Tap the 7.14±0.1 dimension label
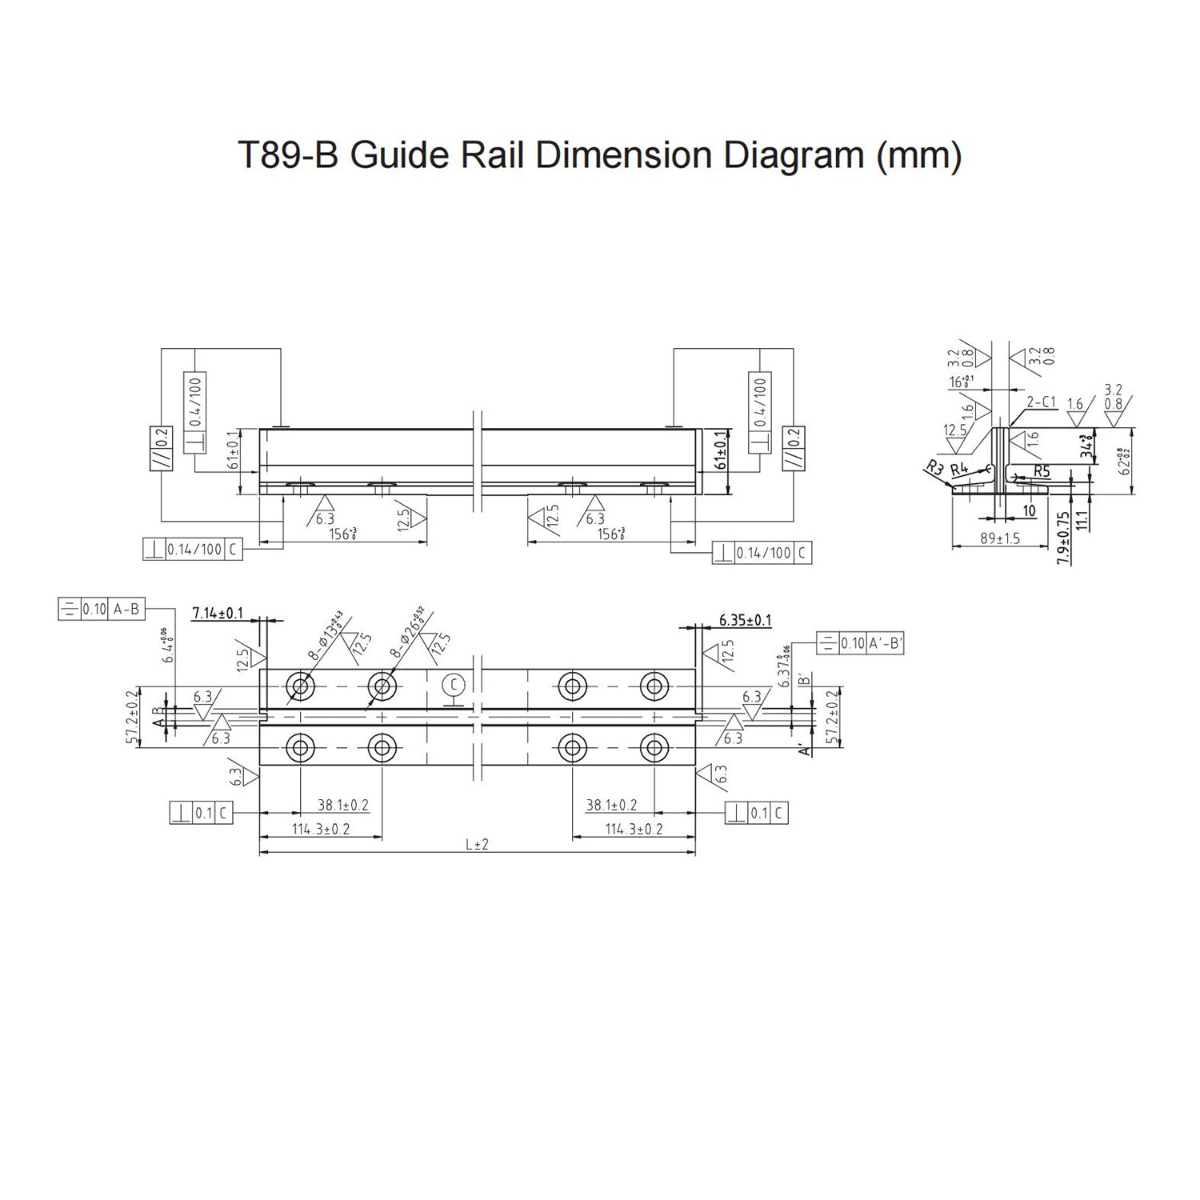pos(218,613)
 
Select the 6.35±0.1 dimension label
pos(745,620)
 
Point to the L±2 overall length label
pos(476,844)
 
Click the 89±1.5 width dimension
pos(1000,538)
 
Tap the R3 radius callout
pos(934,468)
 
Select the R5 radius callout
pos(1041,471)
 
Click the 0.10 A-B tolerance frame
pos(102,609)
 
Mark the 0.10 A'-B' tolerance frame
pos(860,642)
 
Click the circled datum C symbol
pos(454,685)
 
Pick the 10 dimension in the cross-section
pos(1029,510)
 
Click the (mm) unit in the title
pos(919,155)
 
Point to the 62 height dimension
pos(1126,462)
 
